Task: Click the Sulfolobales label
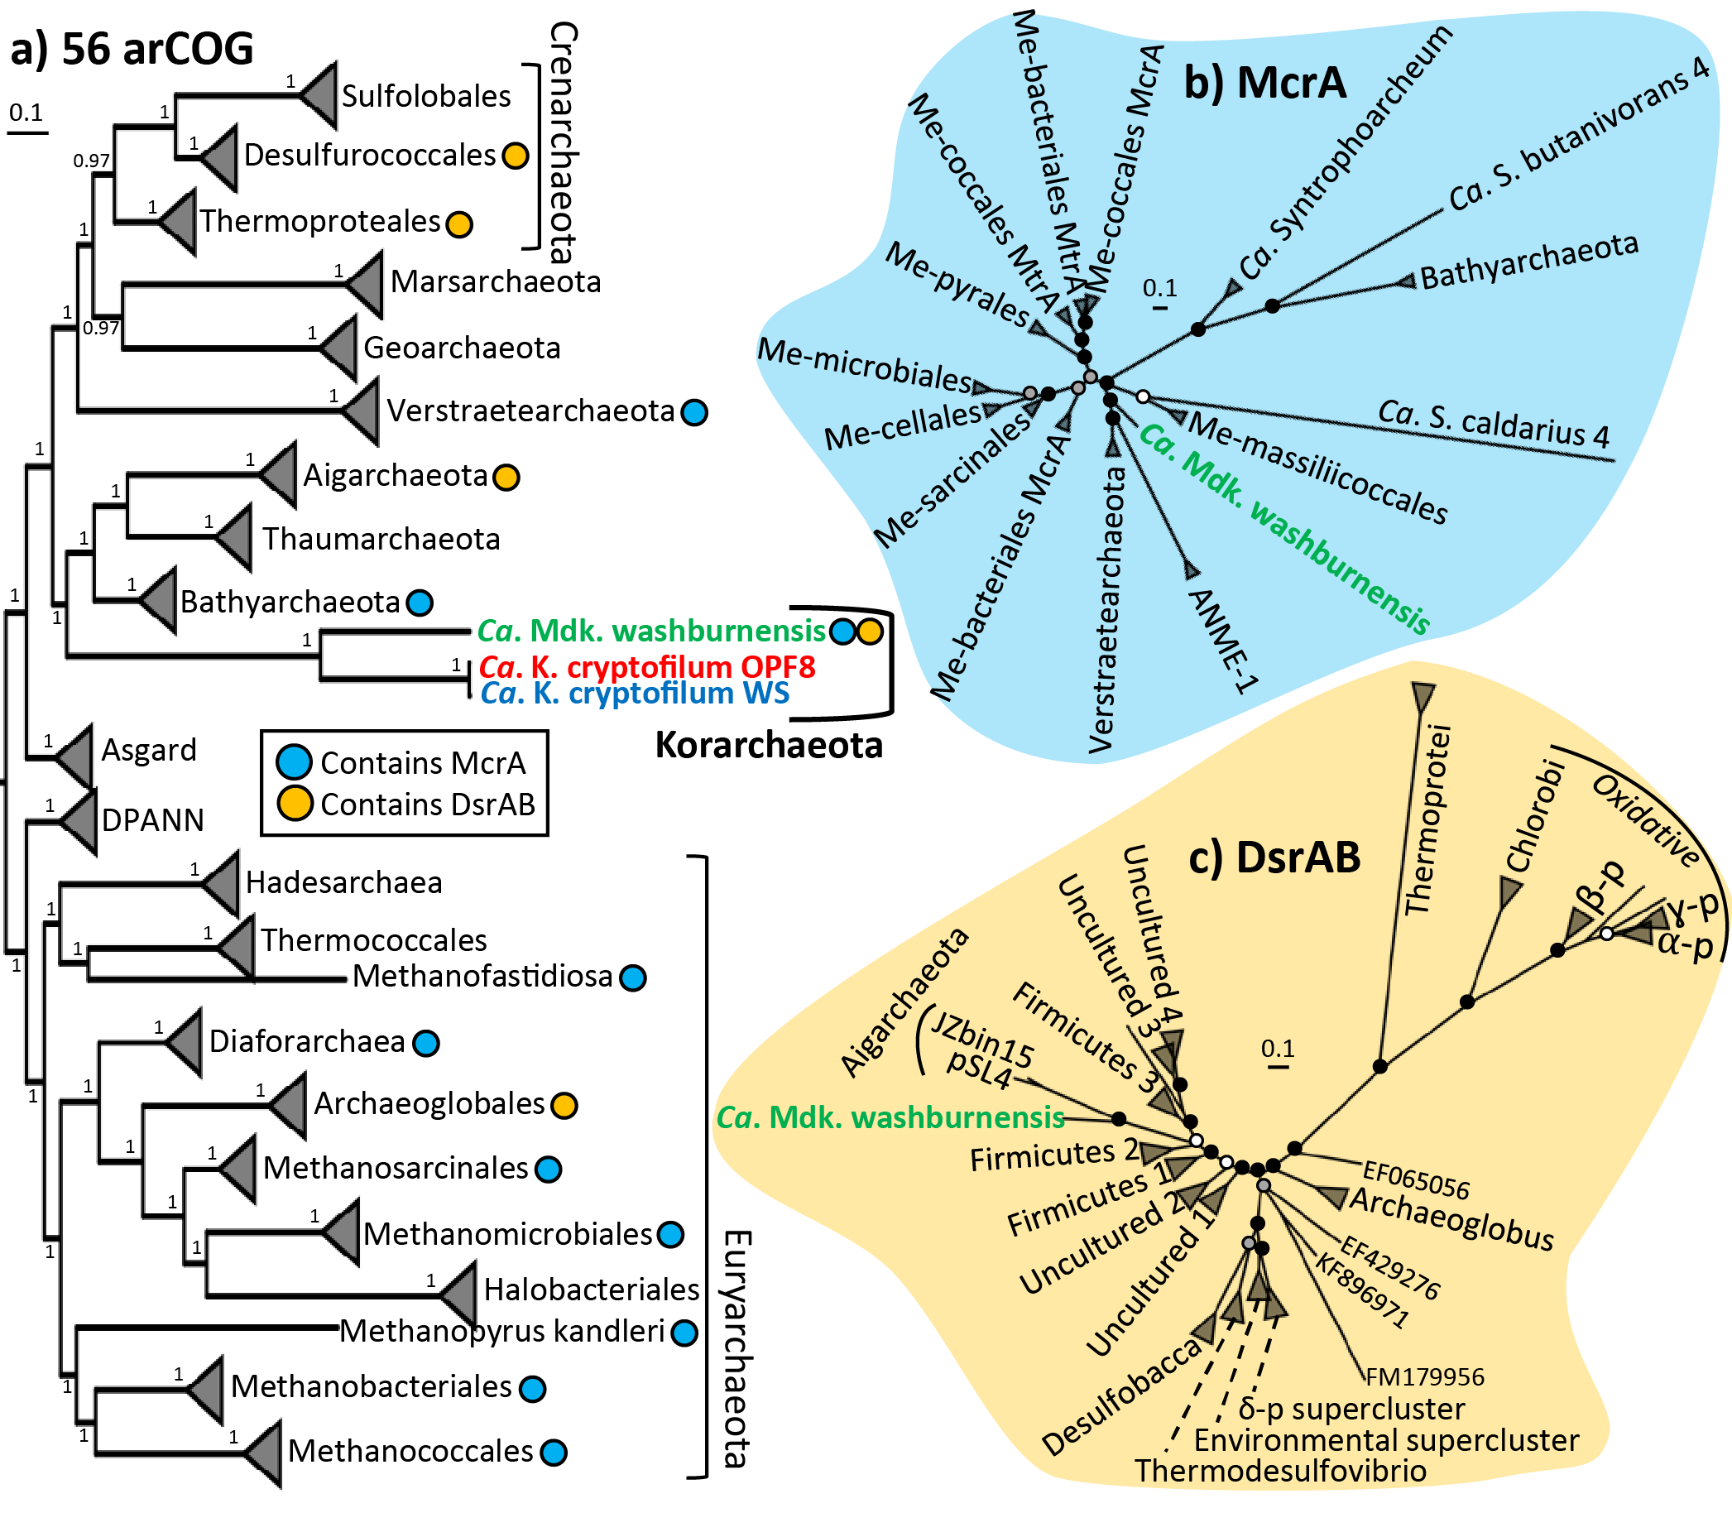coord(425,96)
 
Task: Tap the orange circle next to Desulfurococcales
coord(515,156)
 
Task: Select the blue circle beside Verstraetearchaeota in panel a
coord(693,412)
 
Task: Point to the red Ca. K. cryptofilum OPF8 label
coord(647,667)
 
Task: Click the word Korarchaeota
coord(768,746)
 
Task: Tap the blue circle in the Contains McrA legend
coord(295,761)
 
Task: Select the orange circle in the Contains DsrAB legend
coord(295,804)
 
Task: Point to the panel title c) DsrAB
coord(1274,857)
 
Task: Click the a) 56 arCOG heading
coord(132,48)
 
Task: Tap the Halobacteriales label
coord(591,1290)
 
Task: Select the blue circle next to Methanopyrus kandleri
coord(684,1333)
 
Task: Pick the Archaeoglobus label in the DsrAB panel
coord(1451,1219)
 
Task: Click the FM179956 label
coord(1425,1377)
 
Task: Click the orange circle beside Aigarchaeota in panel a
coord(506,477)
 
